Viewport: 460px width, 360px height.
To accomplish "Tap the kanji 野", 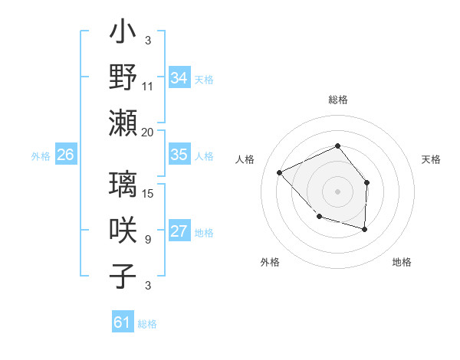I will (123, 77).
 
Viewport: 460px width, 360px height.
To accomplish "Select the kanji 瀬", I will (123, 123).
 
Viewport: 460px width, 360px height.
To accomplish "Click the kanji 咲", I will (123, 231).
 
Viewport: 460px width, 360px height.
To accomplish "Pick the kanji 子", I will (123, 276).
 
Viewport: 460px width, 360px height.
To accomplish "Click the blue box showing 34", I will (179, 78).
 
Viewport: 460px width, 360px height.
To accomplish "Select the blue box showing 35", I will (179, 155).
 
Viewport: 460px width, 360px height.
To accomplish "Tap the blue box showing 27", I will (179, 231).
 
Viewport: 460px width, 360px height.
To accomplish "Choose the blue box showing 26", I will (65, 155).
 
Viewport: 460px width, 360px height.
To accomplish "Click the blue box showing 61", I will (123, 322).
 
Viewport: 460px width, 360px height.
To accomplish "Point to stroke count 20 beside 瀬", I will (147, 132).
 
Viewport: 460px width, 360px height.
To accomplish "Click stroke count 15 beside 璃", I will (149, 194).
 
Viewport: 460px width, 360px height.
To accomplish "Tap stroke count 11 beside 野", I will (148, 87).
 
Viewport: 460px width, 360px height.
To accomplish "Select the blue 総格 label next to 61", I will (147, 324).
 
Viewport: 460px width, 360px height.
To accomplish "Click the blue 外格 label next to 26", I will (41, 156).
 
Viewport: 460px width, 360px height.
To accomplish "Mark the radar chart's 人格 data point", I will (280, 173).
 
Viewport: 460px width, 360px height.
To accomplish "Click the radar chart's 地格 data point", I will (365, 229).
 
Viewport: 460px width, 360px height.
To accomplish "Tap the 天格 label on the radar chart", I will (431, 159).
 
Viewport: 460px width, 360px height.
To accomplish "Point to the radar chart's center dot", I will (337, 191).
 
